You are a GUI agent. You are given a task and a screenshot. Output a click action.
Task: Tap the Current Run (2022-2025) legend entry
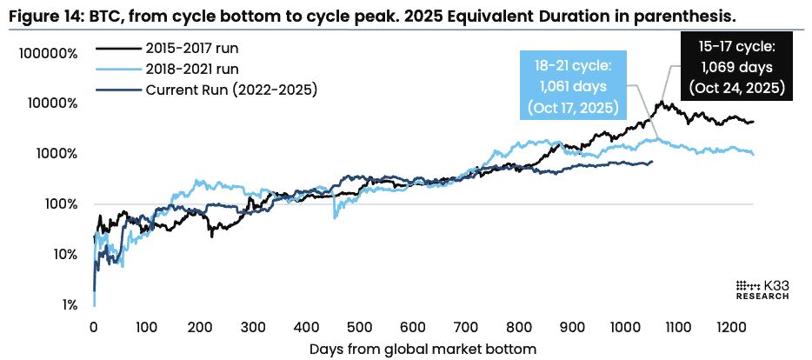pyautogui.click(x=231, y=88)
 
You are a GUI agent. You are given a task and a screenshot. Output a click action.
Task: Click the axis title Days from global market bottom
pyautogui.click(x=423, y=349)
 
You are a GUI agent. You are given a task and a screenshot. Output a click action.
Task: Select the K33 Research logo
pyautogui.click(x=762, y=290)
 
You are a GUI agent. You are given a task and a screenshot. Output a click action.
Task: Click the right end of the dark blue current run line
pyautogui.click(x=652, y=162)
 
